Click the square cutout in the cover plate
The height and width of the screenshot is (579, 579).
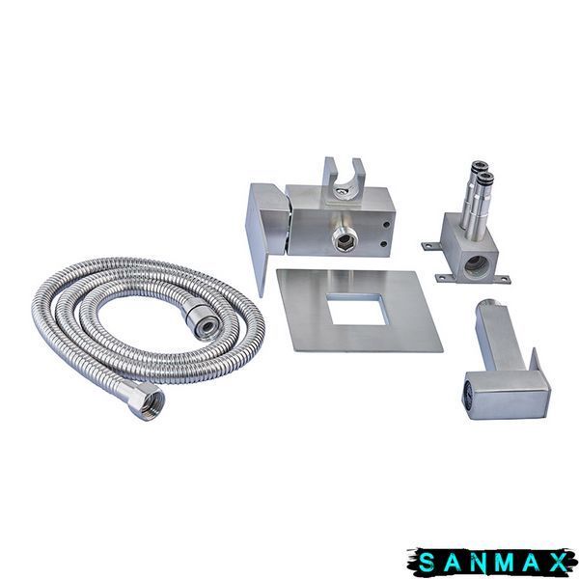point(357,309)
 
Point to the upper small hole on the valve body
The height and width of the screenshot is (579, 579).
point(386,224)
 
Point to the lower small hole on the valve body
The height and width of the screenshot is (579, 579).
point(384,244)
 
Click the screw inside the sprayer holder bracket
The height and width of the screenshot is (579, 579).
point(342,191)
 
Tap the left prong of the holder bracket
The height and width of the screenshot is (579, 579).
point(329,172)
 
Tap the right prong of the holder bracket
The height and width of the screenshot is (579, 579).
point(358,172)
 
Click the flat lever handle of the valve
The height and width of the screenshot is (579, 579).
point(266,229)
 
